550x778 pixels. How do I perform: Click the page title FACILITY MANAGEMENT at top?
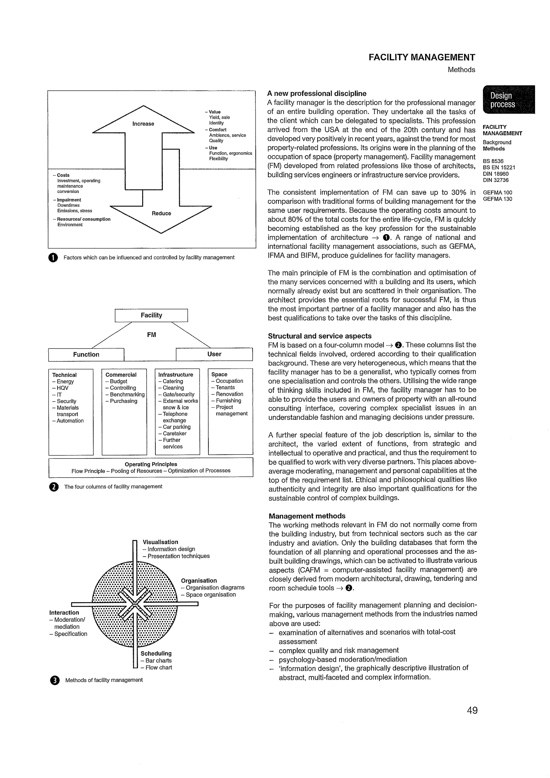(422, 57)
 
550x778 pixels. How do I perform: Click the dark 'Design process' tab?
(508, 100)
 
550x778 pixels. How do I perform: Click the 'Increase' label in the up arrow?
(143, 124)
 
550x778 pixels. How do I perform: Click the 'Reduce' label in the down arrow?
(161, 213)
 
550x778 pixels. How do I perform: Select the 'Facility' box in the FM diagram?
(151, 315)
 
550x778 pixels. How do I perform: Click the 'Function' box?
(86, 354)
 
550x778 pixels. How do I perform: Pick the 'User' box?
(214, 354)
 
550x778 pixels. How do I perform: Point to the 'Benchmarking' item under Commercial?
(127, 394)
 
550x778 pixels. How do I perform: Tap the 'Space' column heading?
(219, 375)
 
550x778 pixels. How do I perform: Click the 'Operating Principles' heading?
(151, 464)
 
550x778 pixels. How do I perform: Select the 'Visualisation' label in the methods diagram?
(160, 542)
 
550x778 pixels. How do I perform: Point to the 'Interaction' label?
(64, 612)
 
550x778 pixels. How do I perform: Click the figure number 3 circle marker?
(54, 680)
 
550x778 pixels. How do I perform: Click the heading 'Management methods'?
(307, 516)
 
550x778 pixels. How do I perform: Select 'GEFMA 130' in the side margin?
(497, 199)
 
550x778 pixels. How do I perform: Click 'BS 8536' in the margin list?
(493, 161)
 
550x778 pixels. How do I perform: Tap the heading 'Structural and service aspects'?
(320, 336)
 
